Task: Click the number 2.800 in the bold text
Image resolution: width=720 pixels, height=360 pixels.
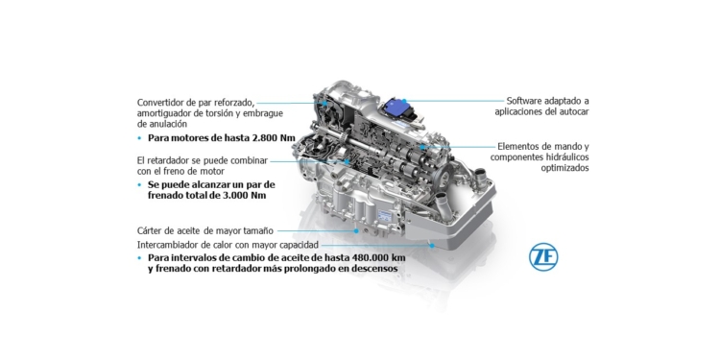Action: [262, 138]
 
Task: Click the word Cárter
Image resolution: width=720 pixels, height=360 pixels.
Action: [153, 230]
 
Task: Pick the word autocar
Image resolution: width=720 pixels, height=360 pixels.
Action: [569, 111]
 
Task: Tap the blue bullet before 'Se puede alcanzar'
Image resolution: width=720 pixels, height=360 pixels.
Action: [140, 183]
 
